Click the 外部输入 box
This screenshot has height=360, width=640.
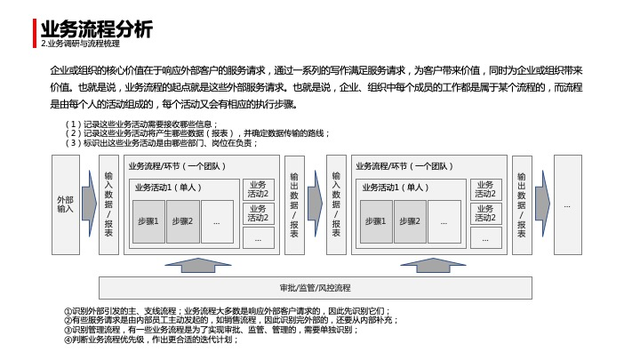[66, 204]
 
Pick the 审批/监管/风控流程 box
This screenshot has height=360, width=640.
[315, 288]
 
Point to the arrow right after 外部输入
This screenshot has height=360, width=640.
[89, 204]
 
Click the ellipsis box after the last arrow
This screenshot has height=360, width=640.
[567, 204]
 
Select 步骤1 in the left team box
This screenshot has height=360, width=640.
[148, 221]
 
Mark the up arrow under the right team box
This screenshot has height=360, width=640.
[433, 265]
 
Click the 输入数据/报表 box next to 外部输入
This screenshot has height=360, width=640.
[108, 204]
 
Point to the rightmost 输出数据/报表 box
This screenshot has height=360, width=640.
[522, 204]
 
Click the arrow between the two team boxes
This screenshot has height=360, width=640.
[315, 204]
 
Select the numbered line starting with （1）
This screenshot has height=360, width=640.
[142, 124]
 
